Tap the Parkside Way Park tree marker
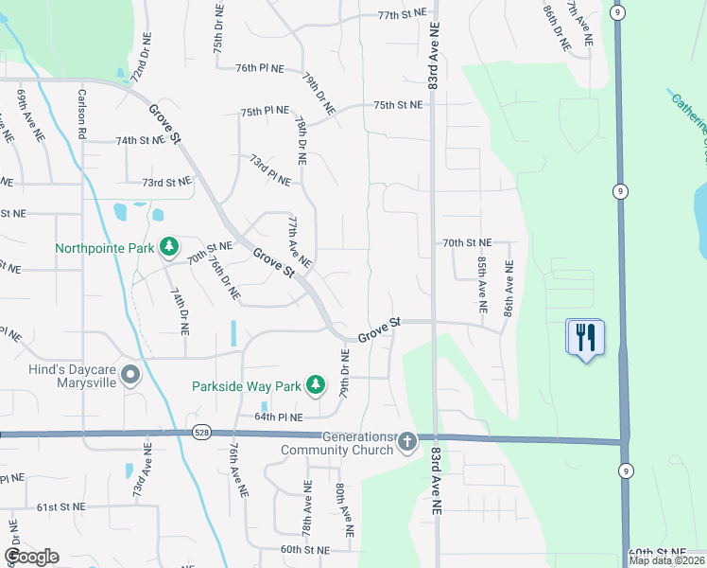[x=317, y=385]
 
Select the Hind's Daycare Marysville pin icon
[x=131, y=376]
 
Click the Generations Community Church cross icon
[x=407, y=441]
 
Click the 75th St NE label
[x=397, y=105]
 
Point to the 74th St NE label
[x=140, y=140]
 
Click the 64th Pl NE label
[x=279, y=417]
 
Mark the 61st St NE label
[x=61, y=507]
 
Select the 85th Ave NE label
[x=482, y=286]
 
